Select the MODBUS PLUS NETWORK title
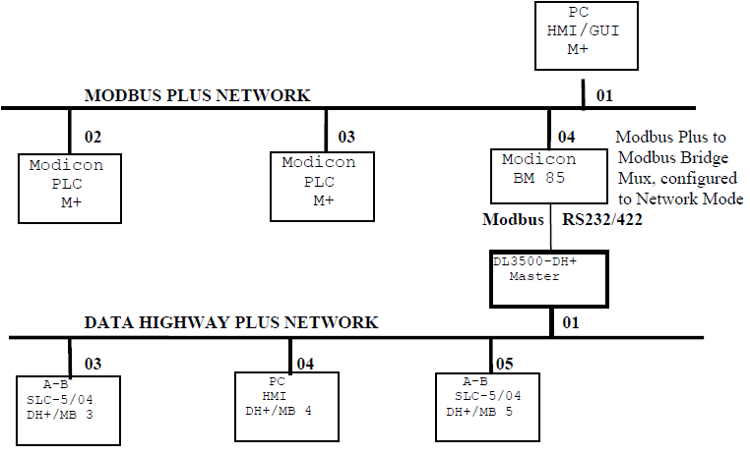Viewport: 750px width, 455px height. click(198, 95)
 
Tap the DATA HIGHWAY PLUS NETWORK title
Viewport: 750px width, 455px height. click(230, 322)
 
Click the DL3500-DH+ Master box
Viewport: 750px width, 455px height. click(550, 277)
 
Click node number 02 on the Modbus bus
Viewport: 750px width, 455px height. click(94, 137)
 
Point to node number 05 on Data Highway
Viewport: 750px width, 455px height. click(506, 364)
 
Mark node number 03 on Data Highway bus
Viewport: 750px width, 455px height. click(94, 364)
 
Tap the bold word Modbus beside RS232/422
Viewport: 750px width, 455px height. click(513, 220)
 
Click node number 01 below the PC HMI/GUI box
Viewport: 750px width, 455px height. click(605, 96)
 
